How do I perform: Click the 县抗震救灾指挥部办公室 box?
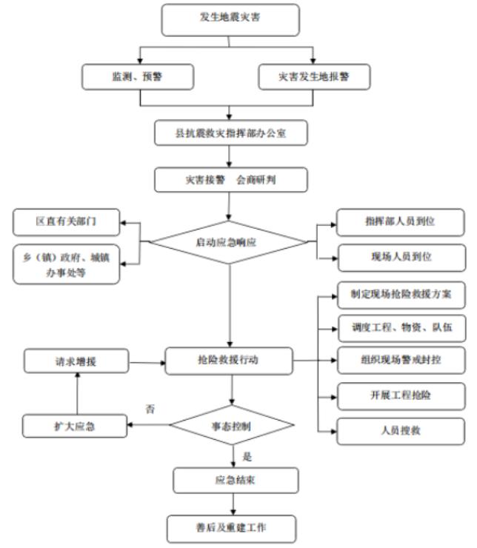click(229, 134)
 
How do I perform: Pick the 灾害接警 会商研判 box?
click(229, 180)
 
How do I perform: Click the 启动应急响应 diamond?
click(229, 242)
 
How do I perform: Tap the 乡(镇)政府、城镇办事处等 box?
click(67, 264)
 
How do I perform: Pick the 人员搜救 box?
click(401, 430)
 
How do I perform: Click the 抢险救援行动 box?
click(229, 362)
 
